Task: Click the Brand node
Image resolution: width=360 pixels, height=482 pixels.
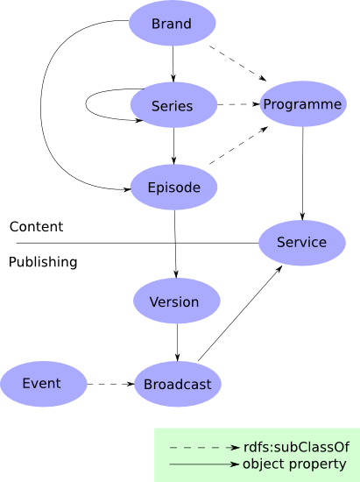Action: pos(172,24)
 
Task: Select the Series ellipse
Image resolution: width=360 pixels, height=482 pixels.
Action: pos(173,105)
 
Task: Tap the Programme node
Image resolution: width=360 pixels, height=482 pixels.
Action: pos(302,104)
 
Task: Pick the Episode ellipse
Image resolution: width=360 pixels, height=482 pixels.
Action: pos(173,188)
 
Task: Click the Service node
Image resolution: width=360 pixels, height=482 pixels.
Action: pos(301,242)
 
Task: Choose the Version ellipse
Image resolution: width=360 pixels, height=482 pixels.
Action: pos(175,301)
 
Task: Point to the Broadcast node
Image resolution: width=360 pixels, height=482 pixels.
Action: pos(178,384)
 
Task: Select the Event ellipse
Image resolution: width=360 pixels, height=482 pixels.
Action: pos(42,383)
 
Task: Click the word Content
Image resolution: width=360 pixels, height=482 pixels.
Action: pos(36,227)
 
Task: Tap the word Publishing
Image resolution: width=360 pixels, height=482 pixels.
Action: pos(43,262)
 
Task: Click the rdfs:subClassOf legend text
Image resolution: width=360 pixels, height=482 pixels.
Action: pos(294,447)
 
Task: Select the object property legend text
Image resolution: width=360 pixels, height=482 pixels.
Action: pos(294,464)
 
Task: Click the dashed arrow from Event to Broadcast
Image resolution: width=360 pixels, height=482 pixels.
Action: pos(111,384)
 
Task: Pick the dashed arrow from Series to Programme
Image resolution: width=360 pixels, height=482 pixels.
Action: pos(238,105)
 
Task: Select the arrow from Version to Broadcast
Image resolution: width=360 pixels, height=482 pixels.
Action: pos(177,342)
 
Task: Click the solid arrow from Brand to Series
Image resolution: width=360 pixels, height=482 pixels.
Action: pos(173,63)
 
